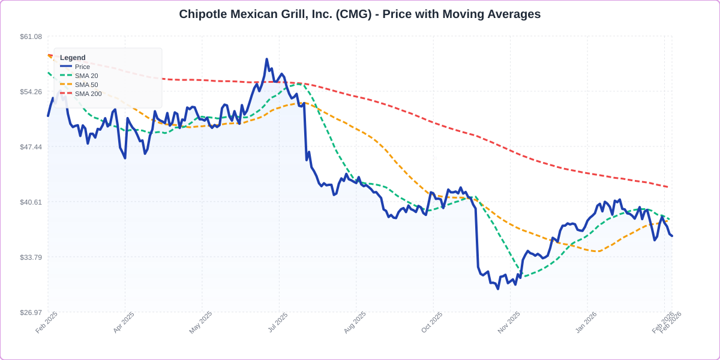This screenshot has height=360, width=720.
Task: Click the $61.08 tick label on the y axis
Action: [31, 37]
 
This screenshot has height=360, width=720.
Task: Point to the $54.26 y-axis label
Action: [31, 92]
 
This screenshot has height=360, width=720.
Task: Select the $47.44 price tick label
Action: [31, 147]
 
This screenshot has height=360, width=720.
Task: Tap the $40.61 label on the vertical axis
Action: [31, 202]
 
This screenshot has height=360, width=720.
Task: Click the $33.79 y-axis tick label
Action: [31, 257]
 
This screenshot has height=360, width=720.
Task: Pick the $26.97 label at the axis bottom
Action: [31, 313]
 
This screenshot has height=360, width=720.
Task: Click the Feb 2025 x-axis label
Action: [47, 323]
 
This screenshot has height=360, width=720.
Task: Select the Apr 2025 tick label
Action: [124, 323]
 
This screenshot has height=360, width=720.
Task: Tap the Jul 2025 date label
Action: [277, 323]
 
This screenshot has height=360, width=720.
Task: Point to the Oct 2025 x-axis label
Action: [431, 323]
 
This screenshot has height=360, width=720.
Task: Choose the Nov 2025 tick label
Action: [509, 323]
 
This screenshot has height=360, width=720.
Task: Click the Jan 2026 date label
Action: [586, 323]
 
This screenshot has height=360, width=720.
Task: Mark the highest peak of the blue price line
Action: [266, 59]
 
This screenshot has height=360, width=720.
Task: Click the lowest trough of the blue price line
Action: [497, 289]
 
